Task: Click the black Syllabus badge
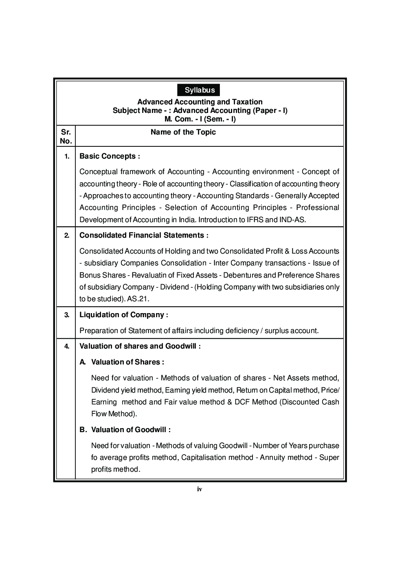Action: point(199,90)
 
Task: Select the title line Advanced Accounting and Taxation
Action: point(200,102)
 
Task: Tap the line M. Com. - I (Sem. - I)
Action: point(200,119)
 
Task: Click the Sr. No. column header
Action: point(66,137)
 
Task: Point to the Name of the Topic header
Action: point(183,132)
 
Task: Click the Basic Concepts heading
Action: point(110,156)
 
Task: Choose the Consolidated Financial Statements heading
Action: point(144,235)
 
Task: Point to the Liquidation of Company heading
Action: point(123,315)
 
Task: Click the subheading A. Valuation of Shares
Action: point(122,362)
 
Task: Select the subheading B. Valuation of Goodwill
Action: point(125,430)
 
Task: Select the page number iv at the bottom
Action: point(199,489)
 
